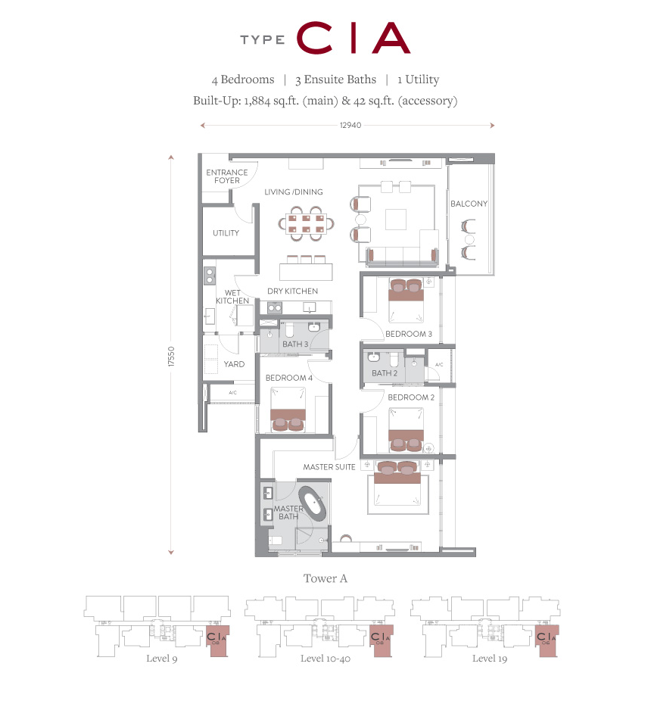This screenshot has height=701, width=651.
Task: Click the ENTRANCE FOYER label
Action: (x=226, y=176)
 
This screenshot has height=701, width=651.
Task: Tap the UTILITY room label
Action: (x=226, y=233)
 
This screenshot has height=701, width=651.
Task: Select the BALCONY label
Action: (x=469, y=204)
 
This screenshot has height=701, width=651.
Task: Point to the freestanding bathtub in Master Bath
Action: (x=313, y=503)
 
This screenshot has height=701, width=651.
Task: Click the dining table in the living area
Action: (x=307, y=224)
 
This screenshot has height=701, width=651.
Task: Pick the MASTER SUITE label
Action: (x=329, y=467)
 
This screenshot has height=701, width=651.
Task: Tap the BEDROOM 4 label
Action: (x=289, y=378)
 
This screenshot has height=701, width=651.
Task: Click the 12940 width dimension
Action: (x=350, y=125)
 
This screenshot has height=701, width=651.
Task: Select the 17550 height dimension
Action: (x=171, y=357)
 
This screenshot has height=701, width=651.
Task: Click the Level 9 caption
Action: (x=162, y=659)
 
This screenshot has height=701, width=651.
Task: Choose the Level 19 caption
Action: (x=490, y=659)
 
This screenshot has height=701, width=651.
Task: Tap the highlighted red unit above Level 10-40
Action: (x=382, y=640)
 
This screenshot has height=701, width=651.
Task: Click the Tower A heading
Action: (x=325, y=578)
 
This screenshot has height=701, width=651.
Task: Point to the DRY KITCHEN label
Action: (x=292, y=291)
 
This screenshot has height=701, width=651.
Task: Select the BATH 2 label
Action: (x=385, y=373)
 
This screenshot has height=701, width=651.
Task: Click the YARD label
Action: (x=234, y=364)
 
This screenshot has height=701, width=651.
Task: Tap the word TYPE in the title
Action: (x=263, y=40)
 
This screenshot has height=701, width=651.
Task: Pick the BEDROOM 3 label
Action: (x=409, y=334)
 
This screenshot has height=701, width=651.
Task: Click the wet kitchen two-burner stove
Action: (x=209, y=276)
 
